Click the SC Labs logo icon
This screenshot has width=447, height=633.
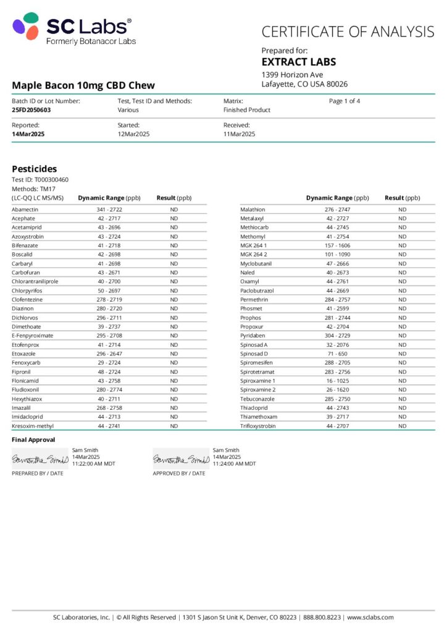[x=26, y=28]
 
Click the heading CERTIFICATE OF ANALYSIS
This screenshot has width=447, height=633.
[x=348, y=32]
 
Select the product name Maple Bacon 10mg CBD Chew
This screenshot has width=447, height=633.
[x=83, y=85]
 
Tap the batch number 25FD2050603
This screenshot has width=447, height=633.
[x=31, y=110]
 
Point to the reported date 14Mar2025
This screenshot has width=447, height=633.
[x=28, y=134]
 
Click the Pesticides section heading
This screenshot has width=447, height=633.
[x=35, y=169]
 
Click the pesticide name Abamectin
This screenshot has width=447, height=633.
[x=25, y=210]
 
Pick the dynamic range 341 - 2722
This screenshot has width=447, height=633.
[x=109, y=210]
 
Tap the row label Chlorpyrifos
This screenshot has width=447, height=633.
[x=28, y=291]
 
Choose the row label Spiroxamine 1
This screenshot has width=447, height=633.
[x=258, y=381]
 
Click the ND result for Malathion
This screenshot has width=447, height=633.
[x=402, y=210]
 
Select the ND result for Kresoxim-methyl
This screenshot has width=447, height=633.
[x=174, y=426]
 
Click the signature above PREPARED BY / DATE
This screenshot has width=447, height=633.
[x=40, y=460]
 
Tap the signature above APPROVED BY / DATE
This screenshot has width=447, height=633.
[x=181, y=460]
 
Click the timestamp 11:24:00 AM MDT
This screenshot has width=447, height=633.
[x=234, y=464]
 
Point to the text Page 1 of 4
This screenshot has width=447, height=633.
[x=345, y=101]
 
